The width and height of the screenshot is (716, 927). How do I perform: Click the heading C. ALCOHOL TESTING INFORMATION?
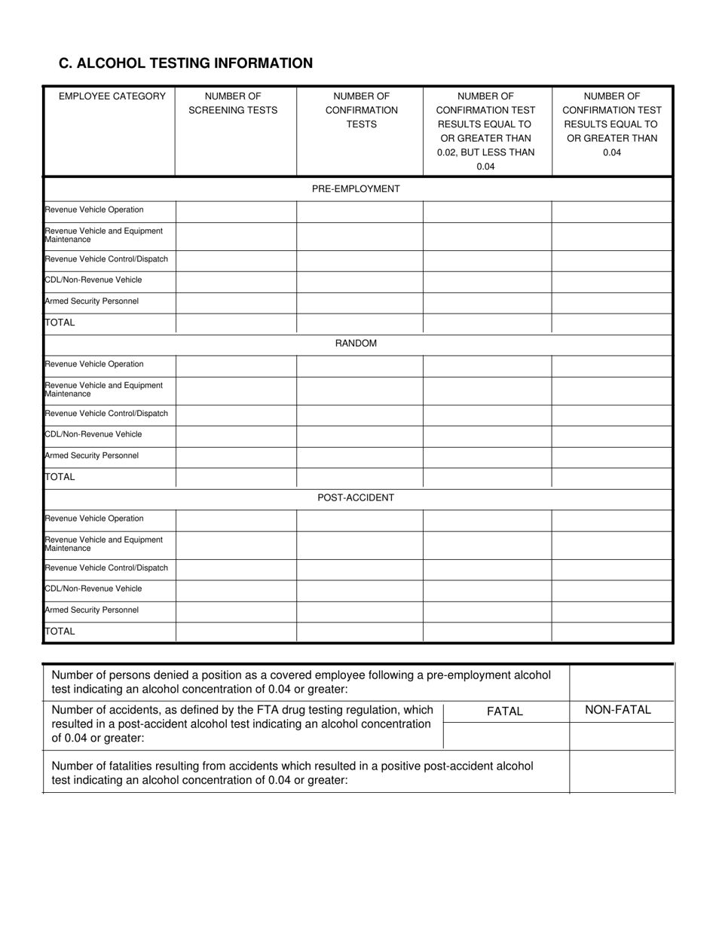point(185,63)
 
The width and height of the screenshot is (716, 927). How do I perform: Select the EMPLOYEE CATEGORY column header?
point(112,96)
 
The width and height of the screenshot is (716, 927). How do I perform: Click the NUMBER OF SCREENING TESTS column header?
point(233,103)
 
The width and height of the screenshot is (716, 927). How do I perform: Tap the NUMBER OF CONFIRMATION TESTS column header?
point(361,110)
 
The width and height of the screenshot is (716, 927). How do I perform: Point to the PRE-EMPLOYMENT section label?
point(356,189)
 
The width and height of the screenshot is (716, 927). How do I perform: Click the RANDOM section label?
point(356,344)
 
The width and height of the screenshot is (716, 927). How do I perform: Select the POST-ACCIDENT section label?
point(356,498)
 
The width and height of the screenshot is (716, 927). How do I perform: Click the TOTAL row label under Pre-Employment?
point(60,323)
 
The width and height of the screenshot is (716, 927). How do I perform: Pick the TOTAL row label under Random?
point(60,477)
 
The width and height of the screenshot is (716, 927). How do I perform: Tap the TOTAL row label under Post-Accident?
point(60,632)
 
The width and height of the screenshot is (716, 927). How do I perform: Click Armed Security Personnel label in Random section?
point(92,456)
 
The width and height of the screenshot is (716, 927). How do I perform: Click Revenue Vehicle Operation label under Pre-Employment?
point(94,210)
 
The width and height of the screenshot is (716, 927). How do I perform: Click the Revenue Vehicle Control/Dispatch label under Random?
point(106,414)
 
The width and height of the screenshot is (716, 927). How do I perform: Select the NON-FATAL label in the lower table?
point(618,710)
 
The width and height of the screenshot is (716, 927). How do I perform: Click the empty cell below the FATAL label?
point(506,735)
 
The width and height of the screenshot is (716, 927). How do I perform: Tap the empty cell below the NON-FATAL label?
point(621,735)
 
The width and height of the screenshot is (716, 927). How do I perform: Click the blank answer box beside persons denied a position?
point(621,682)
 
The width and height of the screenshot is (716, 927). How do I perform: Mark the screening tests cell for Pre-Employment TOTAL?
point(235,323)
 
